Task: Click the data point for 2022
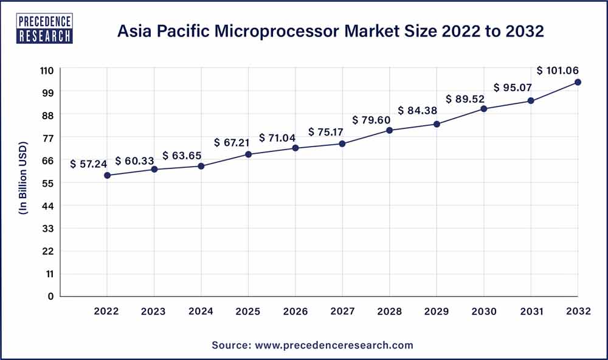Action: click(x=107, y=175)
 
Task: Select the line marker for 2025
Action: click(x=249, y=154)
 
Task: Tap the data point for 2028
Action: click(x=390, y=130)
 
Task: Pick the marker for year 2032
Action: click(x=578, y=82)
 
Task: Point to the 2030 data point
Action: click(x=484, y=109)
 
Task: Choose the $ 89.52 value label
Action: click(x=466, y=99)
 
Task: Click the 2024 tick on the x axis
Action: click(x=201, y=311)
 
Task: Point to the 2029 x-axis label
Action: click(x=437, y=311)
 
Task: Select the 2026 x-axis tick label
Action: click(x=295, y=311)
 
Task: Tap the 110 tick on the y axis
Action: click(x=47, y=70)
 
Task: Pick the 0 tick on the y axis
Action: click(x=52, y=296)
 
